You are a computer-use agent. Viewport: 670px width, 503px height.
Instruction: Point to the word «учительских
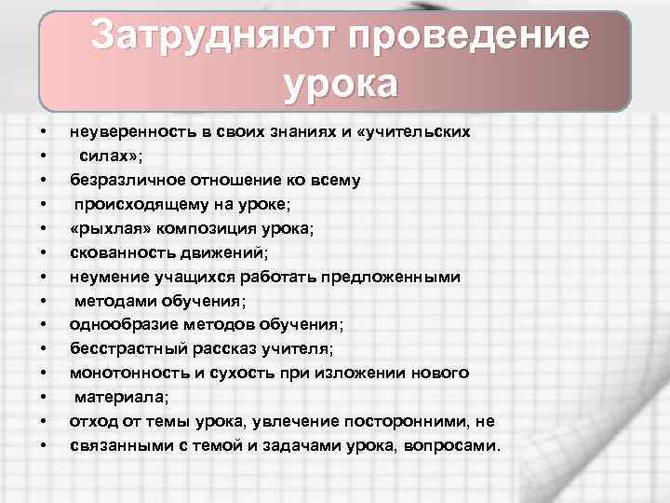(415, 131)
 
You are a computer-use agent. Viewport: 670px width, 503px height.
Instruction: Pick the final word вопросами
(454, 445)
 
